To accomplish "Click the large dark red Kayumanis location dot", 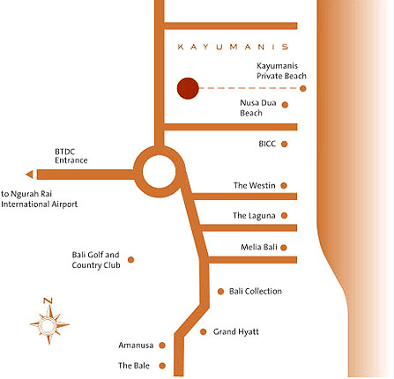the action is pos(188,88).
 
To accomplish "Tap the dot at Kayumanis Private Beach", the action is pos(303,88).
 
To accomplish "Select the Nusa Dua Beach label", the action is pos(258,108).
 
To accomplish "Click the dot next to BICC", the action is pos(284,144).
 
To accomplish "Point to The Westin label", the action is pos(255,185).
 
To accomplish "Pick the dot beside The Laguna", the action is pos(284,216).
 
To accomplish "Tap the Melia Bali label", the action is pos(259,247).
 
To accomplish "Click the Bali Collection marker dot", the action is pos(220,292).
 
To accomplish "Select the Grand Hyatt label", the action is pos(236,331).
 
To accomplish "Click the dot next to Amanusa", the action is pos(162,346).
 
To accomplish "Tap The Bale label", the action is pos(134,366).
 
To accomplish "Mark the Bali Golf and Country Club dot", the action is pos(131,260).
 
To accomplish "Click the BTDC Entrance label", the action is pos(71,156).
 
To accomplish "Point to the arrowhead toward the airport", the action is pos(30,175).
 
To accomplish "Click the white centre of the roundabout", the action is pos(159,172).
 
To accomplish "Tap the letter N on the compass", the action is pos(48,301).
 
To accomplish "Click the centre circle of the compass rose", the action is pos(48,325).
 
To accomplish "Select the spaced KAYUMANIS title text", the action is pos(233,47).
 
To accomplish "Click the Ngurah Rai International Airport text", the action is pos(40,199).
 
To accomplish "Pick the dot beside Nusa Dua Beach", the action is pos(285,105).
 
